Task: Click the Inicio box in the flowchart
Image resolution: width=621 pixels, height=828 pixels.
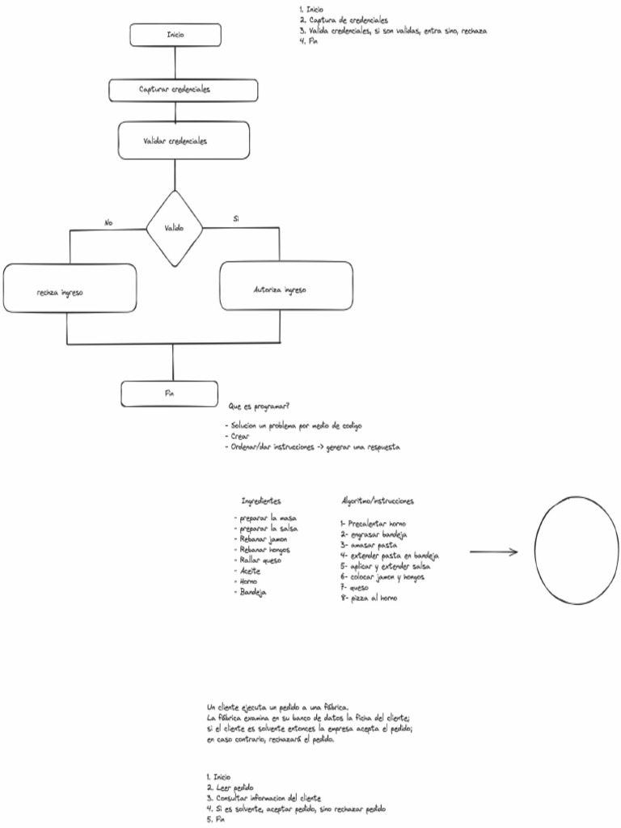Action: pyautogui.click(x=175, y=35)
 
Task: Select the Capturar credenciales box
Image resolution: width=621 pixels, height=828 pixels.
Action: pyautogui.click(x=184, y=90)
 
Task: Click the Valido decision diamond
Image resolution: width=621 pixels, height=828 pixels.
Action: pyautogui.click(x=174, y=229)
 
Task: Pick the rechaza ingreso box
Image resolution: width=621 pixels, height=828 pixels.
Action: pyautogui.click(x=70, y=289)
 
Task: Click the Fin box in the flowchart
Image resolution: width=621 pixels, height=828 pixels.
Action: pyautogui.click(x=170, y=394)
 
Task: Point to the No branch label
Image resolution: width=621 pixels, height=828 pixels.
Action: pyautogui.click(x=108, y=223)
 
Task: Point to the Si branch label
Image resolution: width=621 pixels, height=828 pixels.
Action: pyautogui.click(x=235, y=219)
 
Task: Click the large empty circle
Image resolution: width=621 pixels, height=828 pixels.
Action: pyautogui.click(x=576, y=551)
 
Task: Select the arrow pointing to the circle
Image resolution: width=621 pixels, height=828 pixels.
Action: pyautogui.click(x=493, y=552)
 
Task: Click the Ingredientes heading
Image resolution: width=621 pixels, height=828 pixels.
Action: pyautogui.click(x=261, y=501)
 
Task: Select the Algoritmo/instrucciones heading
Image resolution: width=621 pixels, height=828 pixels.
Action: pyautogui.click(x=378, y=501)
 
